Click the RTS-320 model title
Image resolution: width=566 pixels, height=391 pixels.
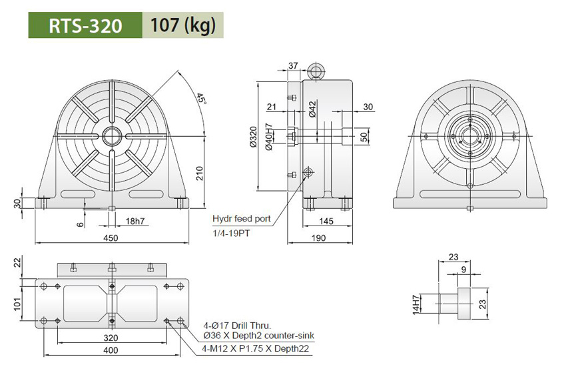(x=85, y=25)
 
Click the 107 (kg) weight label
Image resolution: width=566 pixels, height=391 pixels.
(x=182, y=25)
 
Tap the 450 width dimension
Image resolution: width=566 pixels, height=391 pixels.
(x=111, y=238)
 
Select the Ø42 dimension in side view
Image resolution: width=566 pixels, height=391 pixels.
(x=312, y=106)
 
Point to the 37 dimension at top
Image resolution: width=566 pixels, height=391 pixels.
(x=294, y=66)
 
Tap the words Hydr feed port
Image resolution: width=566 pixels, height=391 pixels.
(x=242, y=219)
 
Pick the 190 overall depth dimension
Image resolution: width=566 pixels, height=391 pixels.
(x=320, y=238)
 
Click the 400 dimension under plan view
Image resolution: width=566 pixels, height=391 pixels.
(x=111, y=350)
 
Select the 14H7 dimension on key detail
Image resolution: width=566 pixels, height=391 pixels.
(x=417, y=304)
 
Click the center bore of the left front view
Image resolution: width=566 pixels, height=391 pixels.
(x=111, y=136)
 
